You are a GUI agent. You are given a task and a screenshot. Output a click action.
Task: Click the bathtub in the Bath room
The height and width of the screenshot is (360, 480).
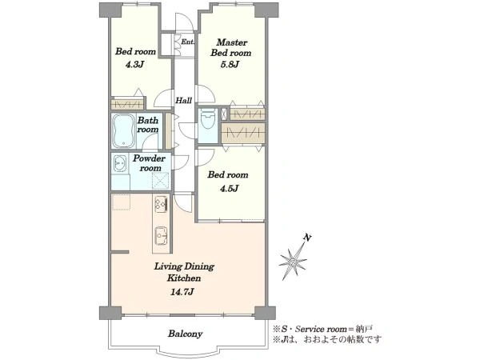coord(124,130)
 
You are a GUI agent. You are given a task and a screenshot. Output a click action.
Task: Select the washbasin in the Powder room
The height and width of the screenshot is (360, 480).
coord(120,163)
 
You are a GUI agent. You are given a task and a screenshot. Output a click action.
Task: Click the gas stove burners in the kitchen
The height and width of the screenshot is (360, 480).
coord(161,204)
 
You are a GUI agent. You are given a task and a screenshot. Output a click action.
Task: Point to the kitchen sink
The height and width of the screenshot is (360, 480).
coord(161,236)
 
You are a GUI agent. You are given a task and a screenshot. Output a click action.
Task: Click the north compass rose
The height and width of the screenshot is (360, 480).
coord(294,262)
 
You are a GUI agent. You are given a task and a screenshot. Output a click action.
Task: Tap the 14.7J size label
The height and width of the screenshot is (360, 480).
coord(182,292)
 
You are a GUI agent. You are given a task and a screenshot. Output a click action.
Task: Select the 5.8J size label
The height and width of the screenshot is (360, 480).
coord(230,65)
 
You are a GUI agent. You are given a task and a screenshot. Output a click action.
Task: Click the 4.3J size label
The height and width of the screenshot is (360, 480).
coord(135,65)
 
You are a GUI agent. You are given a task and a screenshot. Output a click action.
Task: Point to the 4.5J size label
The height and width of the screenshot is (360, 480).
coord(229,188)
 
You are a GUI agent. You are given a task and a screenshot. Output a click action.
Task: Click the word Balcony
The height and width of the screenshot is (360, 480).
coord(185,334)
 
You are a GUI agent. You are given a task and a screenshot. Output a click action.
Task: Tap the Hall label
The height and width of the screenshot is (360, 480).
coord(184,101)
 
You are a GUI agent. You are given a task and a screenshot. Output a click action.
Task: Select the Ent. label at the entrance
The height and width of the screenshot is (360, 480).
coord(187,42)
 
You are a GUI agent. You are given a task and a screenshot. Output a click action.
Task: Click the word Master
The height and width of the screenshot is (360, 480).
coord(232,42)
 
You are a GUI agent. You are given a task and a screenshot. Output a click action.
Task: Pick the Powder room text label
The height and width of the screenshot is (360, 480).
coord(149,163)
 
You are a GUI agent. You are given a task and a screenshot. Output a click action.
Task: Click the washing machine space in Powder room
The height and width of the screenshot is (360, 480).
coord(161,181)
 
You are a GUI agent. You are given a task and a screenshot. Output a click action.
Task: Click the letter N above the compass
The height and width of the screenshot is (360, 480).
coord(307,238)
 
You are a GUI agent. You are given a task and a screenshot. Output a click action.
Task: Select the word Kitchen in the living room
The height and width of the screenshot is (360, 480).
coord(184,278)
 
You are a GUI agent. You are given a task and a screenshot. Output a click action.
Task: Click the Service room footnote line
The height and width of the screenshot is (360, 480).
coord(322,330)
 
